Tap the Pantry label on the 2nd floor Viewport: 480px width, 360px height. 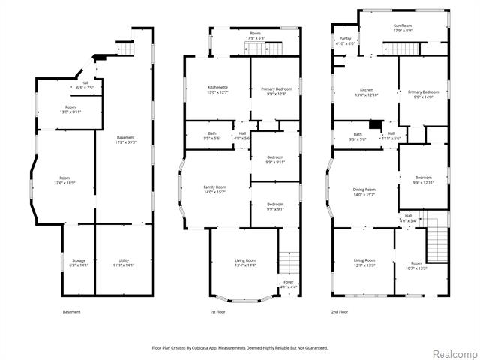346,38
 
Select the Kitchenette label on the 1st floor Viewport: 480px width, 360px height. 217,88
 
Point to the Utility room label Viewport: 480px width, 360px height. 124,260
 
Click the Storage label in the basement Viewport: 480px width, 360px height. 79,260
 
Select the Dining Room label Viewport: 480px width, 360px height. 364,190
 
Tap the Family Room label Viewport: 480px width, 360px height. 215,187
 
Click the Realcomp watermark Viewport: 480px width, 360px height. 454,353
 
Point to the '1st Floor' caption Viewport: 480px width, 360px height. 218,311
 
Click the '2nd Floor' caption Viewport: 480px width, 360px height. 340,311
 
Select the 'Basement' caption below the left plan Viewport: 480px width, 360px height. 71,311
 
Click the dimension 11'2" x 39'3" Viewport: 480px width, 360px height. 126,142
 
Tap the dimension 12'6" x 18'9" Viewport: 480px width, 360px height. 64,184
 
